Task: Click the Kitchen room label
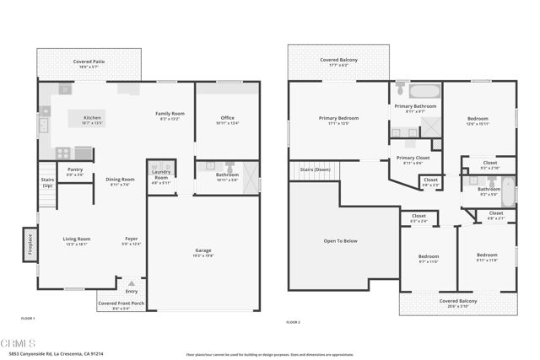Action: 92,117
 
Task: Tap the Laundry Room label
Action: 161,177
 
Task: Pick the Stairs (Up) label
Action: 47,181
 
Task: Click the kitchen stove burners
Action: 63,153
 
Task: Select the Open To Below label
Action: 340,241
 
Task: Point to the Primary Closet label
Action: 413,158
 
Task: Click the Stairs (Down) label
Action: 313,170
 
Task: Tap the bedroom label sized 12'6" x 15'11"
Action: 478,121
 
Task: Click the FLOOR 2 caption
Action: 294,322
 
